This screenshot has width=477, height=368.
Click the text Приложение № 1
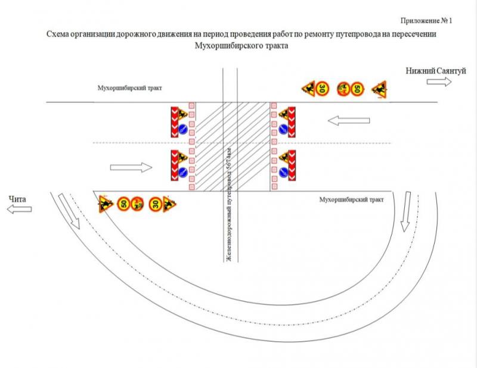pos(426,21)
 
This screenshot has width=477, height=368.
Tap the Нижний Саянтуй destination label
pos(436,71)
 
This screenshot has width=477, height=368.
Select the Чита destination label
pos(17,199)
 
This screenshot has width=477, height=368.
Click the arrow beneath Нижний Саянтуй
pos(439,82)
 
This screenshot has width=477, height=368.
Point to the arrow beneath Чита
pos(19,209)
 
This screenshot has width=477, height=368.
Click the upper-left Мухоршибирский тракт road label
pos(129,88)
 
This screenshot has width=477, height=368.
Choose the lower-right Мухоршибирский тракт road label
pos(351,199)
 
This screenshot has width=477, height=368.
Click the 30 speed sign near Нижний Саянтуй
pos(322,89)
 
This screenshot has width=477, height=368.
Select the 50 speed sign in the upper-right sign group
pos(357,89)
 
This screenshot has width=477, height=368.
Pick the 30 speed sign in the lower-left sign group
pos(156,204)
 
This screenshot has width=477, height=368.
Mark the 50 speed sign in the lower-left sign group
pos(124,203)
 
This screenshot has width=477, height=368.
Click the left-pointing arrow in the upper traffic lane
pos(349,121)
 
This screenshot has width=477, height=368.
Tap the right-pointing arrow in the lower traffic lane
pos(131,167)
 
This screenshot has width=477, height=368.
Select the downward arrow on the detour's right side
pos(406,211)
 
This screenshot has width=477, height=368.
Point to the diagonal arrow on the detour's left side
pos(69,211)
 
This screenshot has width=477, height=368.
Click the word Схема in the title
pos(57,34)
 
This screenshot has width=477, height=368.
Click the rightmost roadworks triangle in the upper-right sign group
pos(380,90)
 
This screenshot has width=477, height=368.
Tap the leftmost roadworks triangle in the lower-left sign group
pos(106,204)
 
